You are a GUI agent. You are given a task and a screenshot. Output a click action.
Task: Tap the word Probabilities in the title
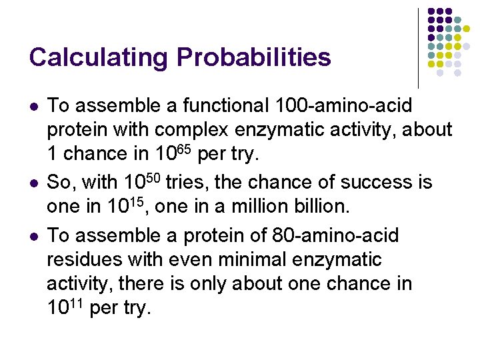(253, 57)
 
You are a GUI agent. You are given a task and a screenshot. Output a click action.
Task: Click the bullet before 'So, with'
(33, 183)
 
